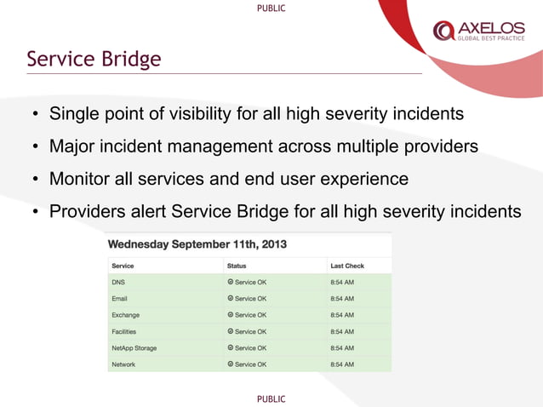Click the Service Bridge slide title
click(94, 60)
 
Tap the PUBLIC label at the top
click(271, 8)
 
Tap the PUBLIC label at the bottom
click(271, 398)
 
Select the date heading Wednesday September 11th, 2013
click(197, 244)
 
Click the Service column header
click(124, 266)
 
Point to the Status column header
click(237, 266)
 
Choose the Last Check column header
click(347, 266)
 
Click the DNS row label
click(118, 283)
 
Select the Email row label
click(120, 299)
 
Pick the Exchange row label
click(126, 315)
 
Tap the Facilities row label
click(124, 331)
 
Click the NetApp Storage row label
click(134, 347)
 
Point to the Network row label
click(124, 364)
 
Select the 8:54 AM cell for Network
click(342, 364)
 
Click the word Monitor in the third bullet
click(78, 180)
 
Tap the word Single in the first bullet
click(74, 113)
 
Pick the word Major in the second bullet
click(71, 146)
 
